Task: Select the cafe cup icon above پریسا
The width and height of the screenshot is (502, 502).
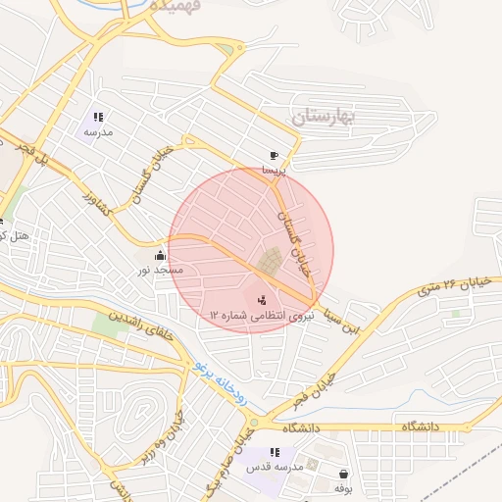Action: (274, 155)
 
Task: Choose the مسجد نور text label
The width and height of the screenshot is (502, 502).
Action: (160, 269)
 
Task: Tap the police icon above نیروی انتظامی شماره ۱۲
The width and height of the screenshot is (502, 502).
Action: (262, 300)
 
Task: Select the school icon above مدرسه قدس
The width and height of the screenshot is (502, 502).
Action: (275, 452)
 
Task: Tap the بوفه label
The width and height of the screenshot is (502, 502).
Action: (342, 487)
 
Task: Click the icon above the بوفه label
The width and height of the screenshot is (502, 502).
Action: (342, 473)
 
